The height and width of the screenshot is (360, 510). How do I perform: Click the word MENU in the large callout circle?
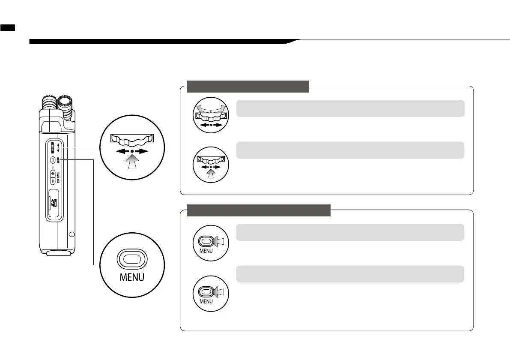coord(132,277)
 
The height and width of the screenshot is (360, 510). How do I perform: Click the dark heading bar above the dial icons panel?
coord(248,86)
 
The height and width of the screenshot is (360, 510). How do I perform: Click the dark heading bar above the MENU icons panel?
coord(259,210)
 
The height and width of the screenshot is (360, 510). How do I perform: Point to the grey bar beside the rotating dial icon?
coord(350,108)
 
